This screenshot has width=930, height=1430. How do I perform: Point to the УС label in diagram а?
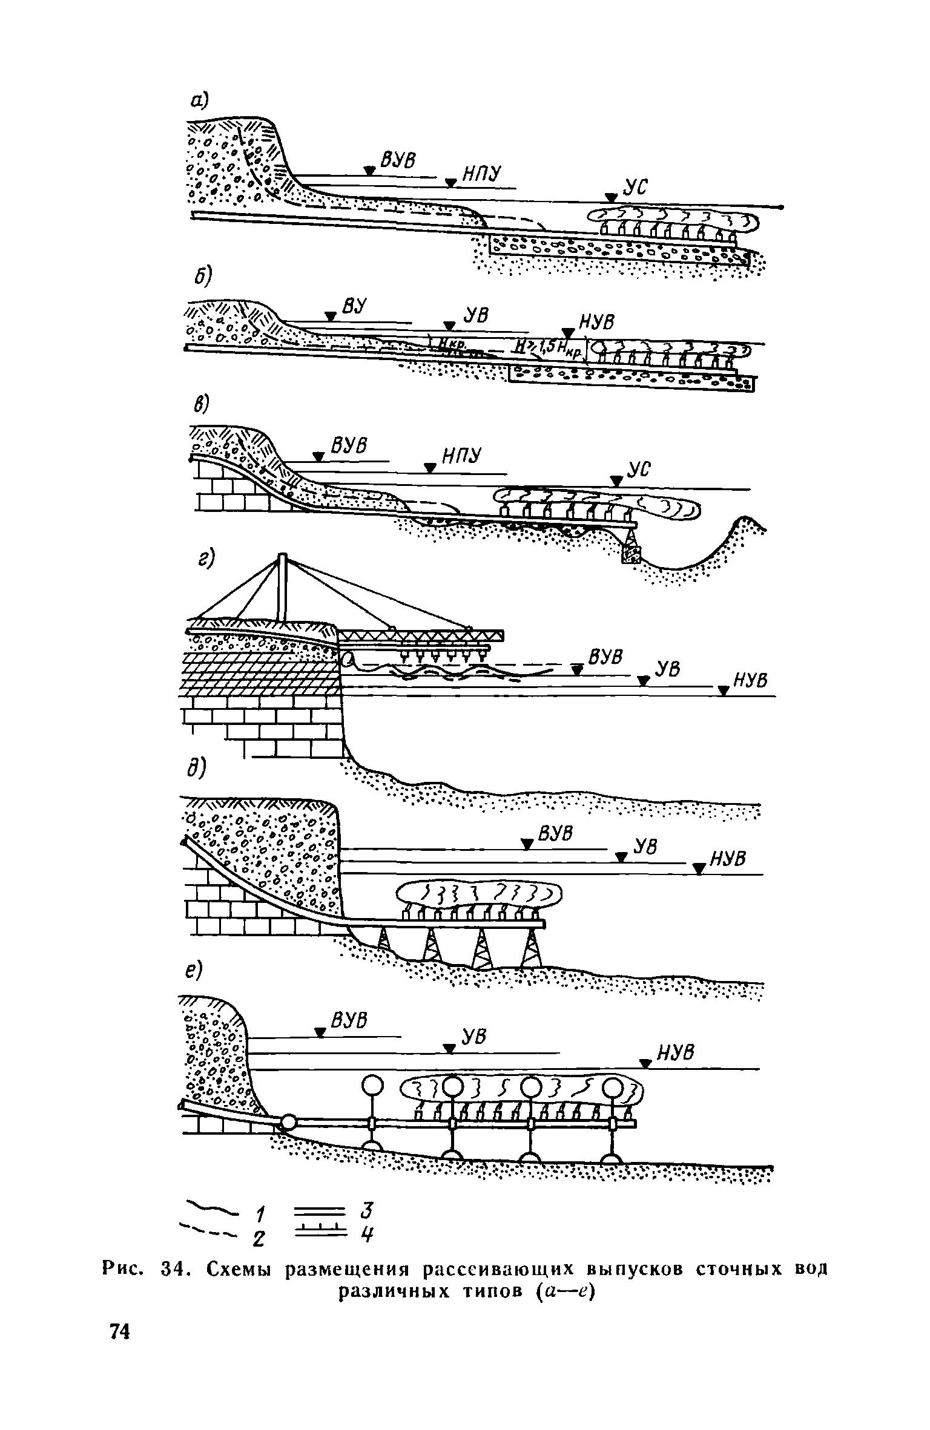[x=636, y=189]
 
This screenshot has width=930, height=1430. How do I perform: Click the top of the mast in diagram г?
[x=282, y=556]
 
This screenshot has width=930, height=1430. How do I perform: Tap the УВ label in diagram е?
[x=474, y=1038]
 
